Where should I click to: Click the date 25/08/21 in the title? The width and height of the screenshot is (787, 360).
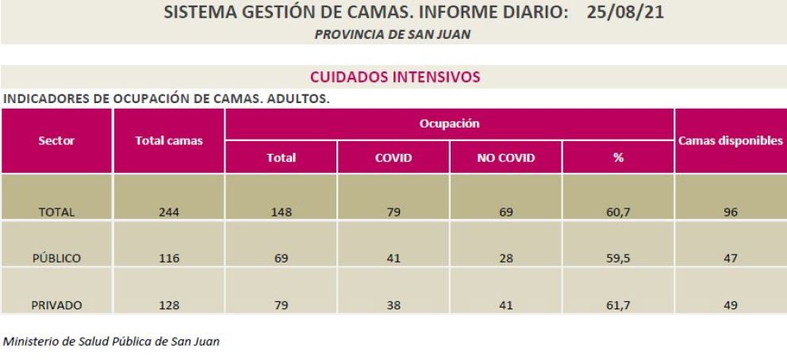click(625, 12)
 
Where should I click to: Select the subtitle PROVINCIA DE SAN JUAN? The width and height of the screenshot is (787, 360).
click(392, 35)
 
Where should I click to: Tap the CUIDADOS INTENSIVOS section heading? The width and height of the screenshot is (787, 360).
click(395, 77)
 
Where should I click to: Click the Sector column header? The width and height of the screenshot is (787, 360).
click(56, 141)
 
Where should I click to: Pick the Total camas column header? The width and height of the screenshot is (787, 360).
click(169, 141)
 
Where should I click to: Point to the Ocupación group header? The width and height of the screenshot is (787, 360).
click(449, 124)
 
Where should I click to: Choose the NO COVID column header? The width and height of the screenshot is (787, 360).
click(506, 158)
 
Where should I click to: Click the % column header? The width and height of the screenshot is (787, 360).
click(618, 158)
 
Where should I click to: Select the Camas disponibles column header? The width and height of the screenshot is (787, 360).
click(731, 141)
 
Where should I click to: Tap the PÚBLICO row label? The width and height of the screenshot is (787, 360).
click(56, 259)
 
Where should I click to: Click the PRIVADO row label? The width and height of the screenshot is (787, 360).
click(56, 304)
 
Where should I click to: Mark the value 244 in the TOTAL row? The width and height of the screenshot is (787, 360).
click(169, 212)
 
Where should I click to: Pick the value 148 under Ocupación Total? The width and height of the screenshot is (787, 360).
click(281, 212)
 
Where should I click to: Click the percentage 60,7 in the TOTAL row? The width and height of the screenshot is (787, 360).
click(618, 212)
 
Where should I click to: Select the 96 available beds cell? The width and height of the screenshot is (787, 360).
click(731, 212)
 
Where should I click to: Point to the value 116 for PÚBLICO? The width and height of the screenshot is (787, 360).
click(169, 259)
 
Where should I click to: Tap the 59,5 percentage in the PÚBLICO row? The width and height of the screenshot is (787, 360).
click(618, 259)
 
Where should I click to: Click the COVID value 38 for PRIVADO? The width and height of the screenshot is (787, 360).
click(393, 304)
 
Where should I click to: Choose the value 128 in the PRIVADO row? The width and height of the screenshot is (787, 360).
click(169, 304)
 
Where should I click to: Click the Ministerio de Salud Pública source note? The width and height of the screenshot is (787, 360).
click(111, 342)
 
